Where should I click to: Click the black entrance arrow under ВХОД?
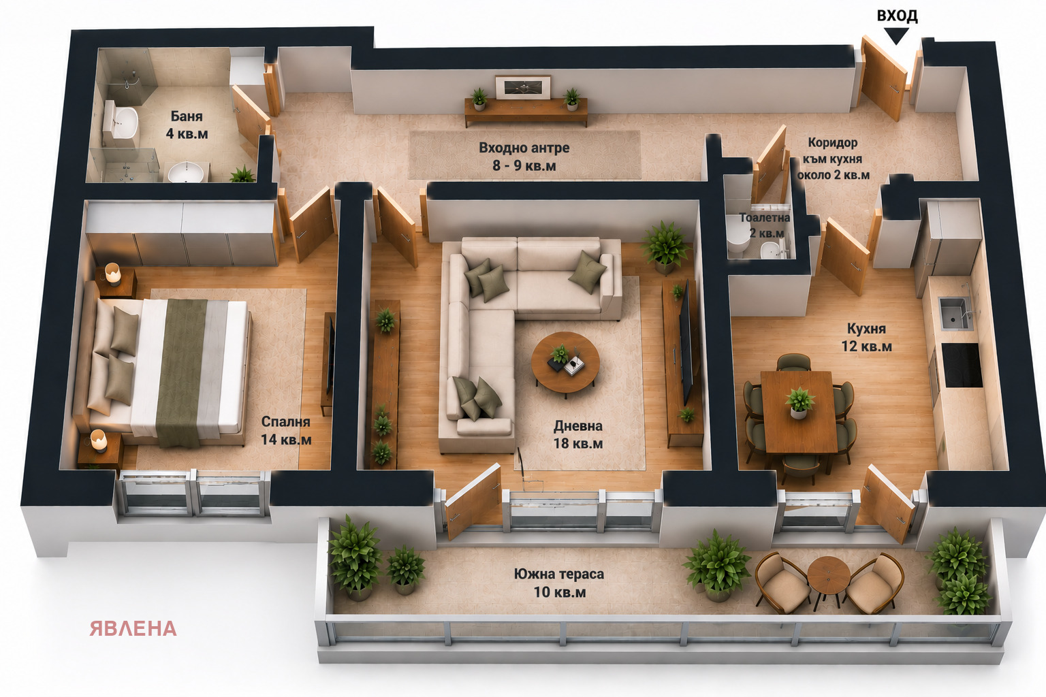(896, 35)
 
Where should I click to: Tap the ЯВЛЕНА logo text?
(133, 628)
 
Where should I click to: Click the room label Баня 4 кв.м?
(187, 125)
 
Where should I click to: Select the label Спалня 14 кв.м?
(286, 430)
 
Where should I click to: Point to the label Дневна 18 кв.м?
(578, 434)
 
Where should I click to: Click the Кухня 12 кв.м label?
(867, 337)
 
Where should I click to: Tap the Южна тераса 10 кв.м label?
(559, 583)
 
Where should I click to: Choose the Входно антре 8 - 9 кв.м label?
(524, 157)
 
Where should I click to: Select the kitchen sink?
(955, 312)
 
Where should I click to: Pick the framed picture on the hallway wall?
(523, 87)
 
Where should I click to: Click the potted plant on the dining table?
(799, 402)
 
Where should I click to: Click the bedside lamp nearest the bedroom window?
(99, 440)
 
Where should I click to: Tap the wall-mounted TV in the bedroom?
(330, 355)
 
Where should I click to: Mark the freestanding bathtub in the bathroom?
(123, 123)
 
